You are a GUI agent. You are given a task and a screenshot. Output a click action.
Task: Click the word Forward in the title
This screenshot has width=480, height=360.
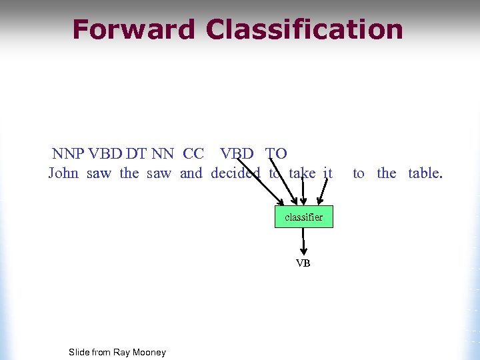tap(133, 30)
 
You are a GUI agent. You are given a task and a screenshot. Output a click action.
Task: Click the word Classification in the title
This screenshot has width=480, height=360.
tap(305, 30)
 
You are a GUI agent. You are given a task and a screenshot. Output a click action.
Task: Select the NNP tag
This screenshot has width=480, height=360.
tap(68, 153)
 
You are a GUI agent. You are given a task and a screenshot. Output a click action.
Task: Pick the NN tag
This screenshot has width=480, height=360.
tap(163, 153)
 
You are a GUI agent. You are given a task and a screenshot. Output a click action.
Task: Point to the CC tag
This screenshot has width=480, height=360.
tap(193, 153)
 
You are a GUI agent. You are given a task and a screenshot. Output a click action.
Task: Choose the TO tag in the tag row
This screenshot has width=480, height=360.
tap(277, 153)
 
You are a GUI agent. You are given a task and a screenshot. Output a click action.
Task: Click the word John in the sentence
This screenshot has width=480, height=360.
tap(63, 173)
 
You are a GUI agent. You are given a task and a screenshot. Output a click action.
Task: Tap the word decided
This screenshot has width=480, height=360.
tap(235, 173)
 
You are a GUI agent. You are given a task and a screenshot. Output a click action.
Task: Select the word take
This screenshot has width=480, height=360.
tap(302, 173)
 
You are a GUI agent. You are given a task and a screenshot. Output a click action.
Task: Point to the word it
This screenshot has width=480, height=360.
tap(327, 173)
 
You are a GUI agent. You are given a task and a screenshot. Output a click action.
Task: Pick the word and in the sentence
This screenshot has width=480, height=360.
tap(191, 173)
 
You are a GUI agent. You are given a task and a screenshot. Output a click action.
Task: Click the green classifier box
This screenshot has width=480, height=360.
tap(303, 217)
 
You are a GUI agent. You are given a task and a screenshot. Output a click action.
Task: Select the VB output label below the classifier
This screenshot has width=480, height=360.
tap(303, 263)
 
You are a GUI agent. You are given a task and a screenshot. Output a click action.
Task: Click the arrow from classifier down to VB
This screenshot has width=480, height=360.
tap(303, 241)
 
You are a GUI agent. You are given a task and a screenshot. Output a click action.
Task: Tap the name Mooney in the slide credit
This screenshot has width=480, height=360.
tap(149, 352)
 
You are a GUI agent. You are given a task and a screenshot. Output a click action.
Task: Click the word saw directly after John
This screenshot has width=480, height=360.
tap(99, 173)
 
